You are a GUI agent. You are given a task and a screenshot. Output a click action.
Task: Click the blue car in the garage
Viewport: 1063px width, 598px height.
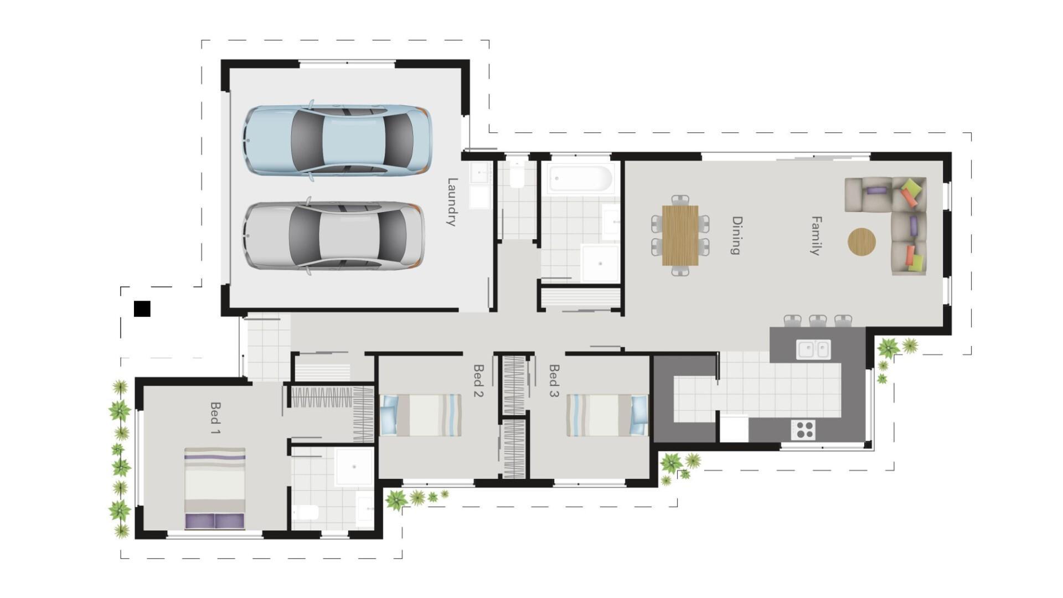[x=337, y=140]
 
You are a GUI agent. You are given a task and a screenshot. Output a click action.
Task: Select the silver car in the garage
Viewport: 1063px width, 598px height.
[x=334, y=236]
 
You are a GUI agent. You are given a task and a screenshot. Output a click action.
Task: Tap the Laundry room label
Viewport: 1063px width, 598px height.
[x=452, y=202]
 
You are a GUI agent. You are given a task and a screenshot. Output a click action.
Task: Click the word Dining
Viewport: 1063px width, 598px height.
[x=736, y=235]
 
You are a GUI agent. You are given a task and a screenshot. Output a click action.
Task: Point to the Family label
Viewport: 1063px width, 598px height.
[x=816, y=236]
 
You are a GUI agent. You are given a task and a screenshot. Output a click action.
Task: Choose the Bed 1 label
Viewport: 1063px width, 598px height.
[x=215, y=417]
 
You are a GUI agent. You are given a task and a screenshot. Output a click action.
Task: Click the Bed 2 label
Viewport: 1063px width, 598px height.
[x=478, y=380]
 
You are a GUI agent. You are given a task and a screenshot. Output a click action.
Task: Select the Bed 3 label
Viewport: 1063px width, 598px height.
[x=554, y=380]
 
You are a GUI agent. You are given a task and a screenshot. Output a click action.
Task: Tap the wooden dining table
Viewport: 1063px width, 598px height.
[x=680, y=235]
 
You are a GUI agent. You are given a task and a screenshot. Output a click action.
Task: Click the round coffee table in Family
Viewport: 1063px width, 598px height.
[x=861, y=242]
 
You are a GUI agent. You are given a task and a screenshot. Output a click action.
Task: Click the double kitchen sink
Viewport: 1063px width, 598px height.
[x=813, y=349]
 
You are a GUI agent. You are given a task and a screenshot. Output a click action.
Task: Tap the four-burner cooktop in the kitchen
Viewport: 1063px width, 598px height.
[x=803, y=429]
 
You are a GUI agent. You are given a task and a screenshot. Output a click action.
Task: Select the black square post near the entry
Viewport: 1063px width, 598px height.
[x=142, y=308]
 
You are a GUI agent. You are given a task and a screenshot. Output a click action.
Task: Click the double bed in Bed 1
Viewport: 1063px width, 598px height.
[x=214, y=488]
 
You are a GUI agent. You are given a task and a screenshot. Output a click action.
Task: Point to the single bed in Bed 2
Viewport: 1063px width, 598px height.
[x=421, y=415]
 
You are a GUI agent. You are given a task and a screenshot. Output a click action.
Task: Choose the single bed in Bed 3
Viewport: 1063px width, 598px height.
[x=607, y=415]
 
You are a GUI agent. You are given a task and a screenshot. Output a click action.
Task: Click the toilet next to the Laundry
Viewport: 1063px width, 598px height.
[x=517, y=176]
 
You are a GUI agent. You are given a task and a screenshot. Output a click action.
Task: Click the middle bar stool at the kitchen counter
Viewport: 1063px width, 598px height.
[x=817, y=320]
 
